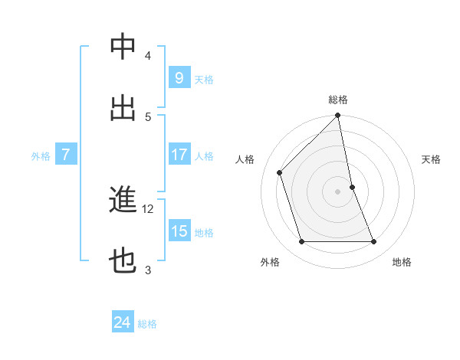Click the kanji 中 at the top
[x=123, y=47]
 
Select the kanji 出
[x=123, y=108]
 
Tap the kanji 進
[x=123, y=200]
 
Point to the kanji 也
[x=123, y=261]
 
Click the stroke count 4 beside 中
[x=148, y=55]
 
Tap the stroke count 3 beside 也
[x=148, y=270]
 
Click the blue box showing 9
[x=179, y=77]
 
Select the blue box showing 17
[x=179, y=155]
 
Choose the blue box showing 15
[x=179, y=231]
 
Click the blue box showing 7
[x=66, y=155]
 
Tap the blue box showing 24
[x=123, y=323]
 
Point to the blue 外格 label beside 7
[x=41, y=156]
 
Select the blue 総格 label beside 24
[x=148, y=325]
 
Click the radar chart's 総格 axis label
[x=338, y=100]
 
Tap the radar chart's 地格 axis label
[x=402, y=262]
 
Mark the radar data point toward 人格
[x=280, y=172]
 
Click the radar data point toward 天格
[x=352, y=187]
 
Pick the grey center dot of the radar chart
[x=338, y=191]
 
